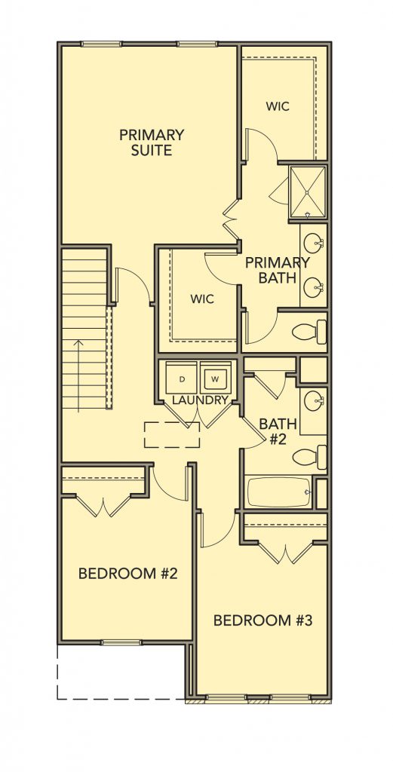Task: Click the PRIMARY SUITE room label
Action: pyautogui.click(x=151, y=142)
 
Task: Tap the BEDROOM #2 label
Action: pyautogui.click(x=127, y=573)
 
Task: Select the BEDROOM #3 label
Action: pyautogui.click(x=263, y=620)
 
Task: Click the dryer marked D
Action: pyautogui.click(x=181, y=378)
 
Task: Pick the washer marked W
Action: pyautogui.click(x=215, y=378)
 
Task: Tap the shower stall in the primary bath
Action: pyautogui.click(x=308, y=192)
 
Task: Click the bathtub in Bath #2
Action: pyautogui.click(x=279, y=492)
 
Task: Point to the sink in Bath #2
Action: pyautogui.click(x=314, y=401)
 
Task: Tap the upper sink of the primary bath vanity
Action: pyautogui.click(x=313, y=243)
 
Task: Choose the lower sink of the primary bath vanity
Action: pyautogui.click(x=313, y=288)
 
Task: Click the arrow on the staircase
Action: pyautogui.click(x=78, y=375)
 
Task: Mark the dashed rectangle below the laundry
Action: pyautogui.click(x=172, y=435)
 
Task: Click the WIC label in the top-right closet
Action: pyautogui.click(x=278, y=106)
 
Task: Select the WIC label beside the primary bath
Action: pyautogui.click(x=202, y=299)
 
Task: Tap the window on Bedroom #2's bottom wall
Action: pyautogui.click(x=121, y=642)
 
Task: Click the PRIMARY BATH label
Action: pyautogui.click(x=278, y=270)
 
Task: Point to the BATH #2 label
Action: pyautogui.click(x=278, y=430)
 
